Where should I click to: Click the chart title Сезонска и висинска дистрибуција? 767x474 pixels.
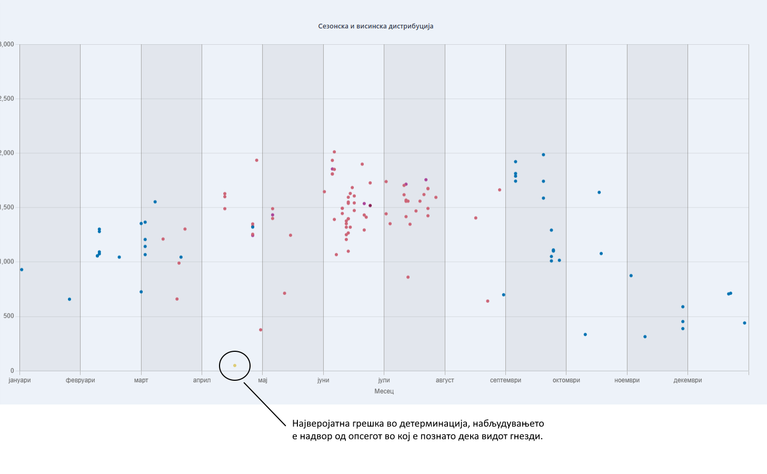pyautogui.click(x=375, y=26)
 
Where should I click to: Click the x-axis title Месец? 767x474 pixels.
pyautogui.click(x=384, y=391)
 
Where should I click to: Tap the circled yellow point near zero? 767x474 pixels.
pyautogui.click(x=235, y=366)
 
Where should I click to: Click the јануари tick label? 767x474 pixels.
pyautogui.click(x=20, y=380)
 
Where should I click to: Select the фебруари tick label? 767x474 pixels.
pyautogui.click(x=81, y=380)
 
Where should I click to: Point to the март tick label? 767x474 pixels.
pyautogui.click(x=141, y=380)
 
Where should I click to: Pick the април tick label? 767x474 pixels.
pyautogui.click(x=202, y=380)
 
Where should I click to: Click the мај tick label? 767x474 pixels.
pyautogui.click(x=263, y=380)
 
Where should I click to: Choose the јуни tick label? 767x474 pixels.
pyautogui.click(x=323, y=380)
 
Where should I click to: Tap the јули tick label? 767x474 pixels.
pyautogui.click(x=384, y=380)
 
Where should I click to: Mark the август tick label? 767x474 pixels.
pyautogui.click(x=445, y=380)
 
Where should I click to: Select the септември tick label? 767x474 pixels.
pyautogui.click(x=505, y=380)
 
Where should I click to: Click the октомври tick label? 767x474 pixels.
pyautogui.click(x=566, y=380)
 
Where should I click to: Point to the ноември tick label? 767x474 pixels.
pyautogui.click(x=627, y=380)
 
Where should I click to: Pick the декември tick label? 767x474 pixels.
pyautogui.click(x=688, y=380)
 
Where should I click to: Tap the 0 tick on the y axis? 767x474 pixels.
pyautogui.click(x=12, y=371)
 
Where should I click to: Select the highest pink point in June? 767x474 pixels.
pyautogui.click(x=334, y=152)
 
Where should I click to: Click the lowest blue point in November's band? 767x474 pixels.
pyautogui.click(x=645, y=337)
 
